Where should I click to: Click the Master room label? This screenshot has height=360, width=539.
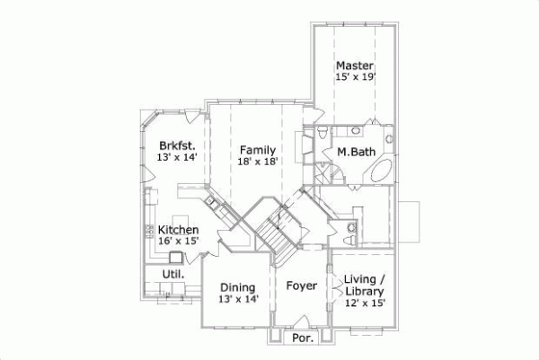pyautogui.click(x=355, y=66)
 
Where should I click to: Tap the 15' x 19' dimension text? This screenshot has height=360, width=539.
pyautogui.click(x=355, y=77)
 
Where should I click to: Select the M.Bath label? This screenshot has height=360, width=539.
pyautogui.click(x=356, y=152)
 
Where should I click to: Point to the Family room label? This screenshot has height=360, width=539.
pyautogui.click(x=257, y=150)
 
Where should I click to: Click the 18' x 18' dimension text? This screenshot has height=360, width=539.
pyautogui.click(x=257, y=162)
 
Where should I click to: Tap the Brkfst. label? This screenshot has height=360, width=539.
pyautogui.click(x=177, y=145)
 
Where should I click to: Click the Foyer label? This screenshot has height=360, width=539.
pyautogui.click(x=302, y=286)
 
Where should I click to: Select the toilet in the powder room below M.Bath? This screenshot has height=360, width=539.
pyautogui.click(x=349, y=235)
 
